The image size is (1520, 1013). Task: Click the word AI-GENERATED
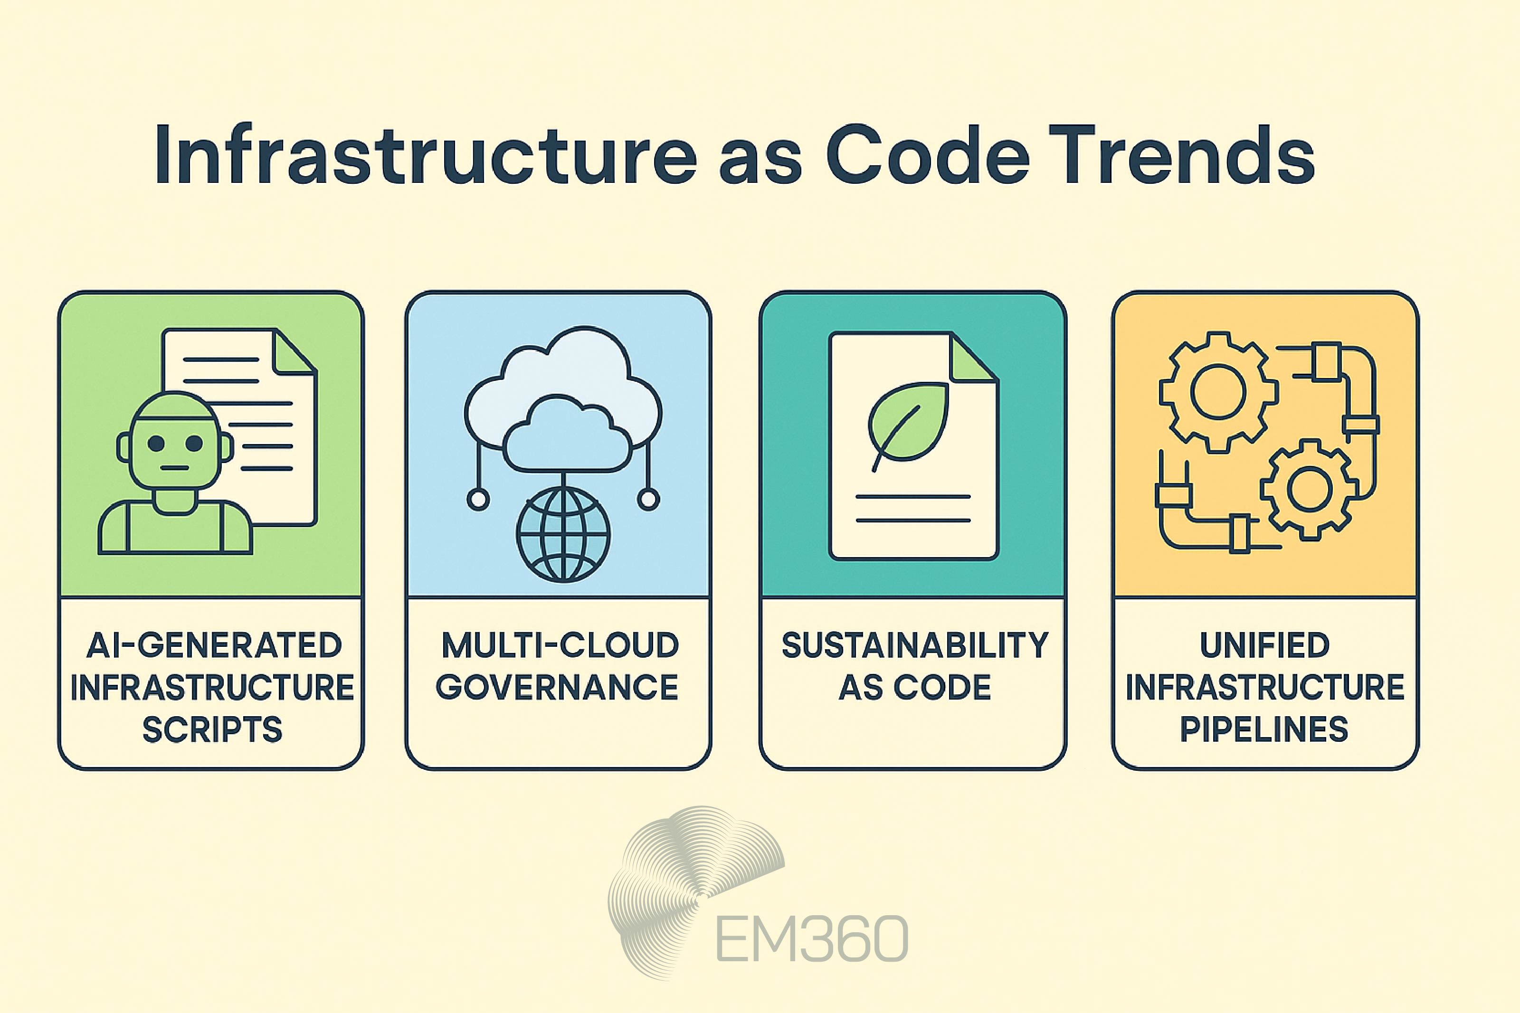point(214,645)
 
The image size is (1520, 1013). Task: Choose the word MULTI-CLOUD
point(560,645)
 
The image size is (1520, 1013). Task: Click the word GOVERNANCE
point(557,687)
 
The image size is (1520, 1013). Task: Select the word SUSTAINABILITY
point(914,645)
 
